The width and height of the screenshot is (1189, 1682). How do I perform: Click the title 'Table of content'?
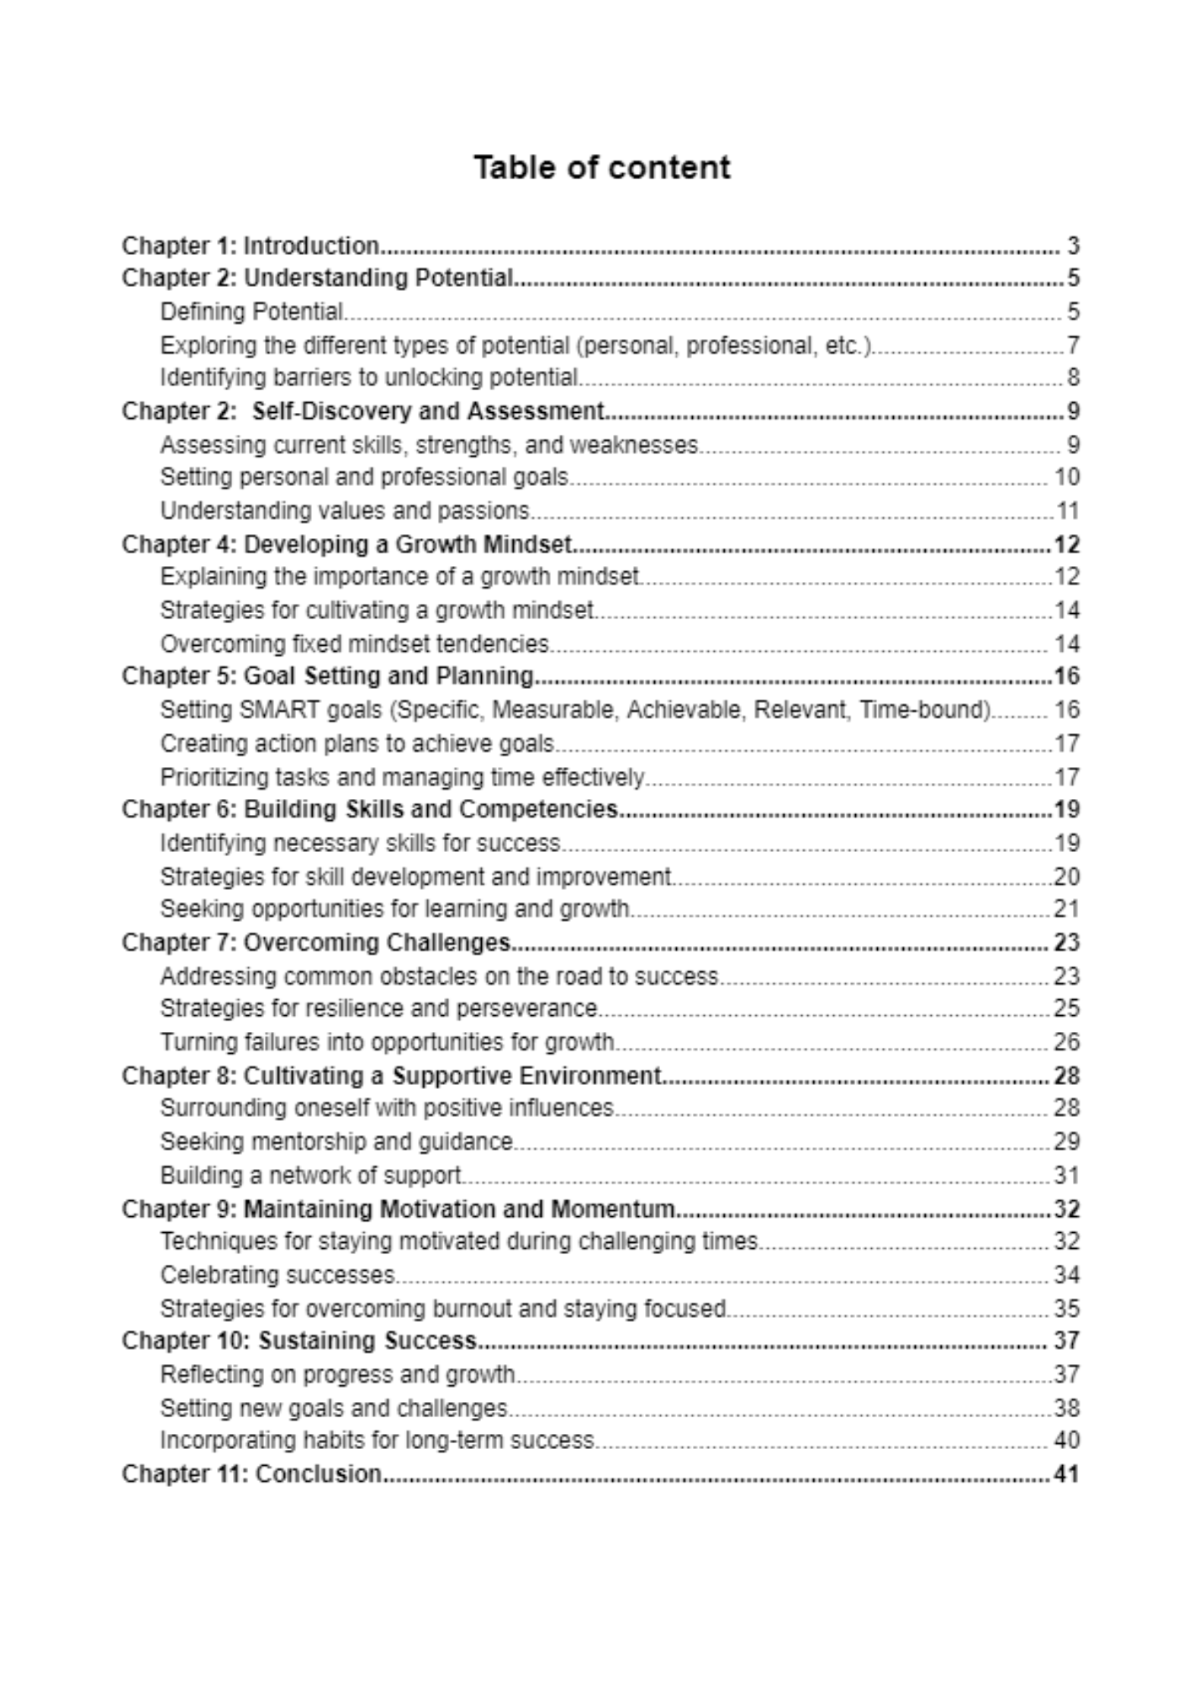coord(601,167)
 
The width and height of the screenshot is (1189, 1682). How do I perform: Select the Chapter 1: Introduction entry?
coord(251,246)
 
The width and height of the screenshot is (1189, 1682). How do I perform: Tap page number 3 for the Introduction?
coord(1072,246)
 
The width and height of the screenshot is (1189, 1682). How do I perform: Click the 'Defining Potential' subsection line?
coord(251,312)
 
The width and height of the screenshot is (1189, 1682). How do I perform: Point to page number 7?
coord(1073,346)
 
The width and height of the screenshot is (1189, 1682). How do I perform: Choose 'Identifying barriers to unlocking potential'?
coord(369,378)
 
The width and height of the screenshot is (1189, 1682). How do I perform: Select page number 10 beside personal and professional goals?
coord(1066,478)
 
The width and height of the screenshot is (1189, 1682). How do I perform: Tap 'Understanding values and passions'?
coord(345,511)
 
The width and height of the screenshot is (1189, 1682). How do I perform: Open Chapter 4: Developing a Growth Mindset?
coord(346,545)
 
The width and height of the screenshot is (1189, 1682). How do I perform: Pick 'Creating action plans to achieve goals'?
coord(357,744)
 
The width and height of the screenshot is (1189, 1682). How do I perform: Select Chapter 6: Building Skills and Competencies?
coord(370,810)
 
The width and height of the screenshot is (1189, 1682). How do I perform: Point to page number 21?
coord(1066,909)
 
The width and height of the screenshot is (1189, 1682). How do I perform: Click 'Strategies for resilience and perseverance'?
coord(378,1008)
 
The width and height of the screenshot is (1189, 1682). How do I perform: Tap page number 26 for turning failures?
coord(1066,1043)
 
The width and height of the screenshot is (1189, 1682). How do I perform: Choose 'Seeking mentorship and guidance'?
coord(336,1142)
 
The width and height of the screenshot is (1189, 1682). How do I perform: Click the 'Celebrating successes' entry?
coord(277,1276)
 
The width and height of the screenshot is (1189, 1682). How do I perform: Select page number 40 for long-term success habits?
coord(1066,1441)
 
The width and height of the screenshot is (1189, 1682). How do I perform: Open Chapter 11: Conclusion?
coord(251,1474)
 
